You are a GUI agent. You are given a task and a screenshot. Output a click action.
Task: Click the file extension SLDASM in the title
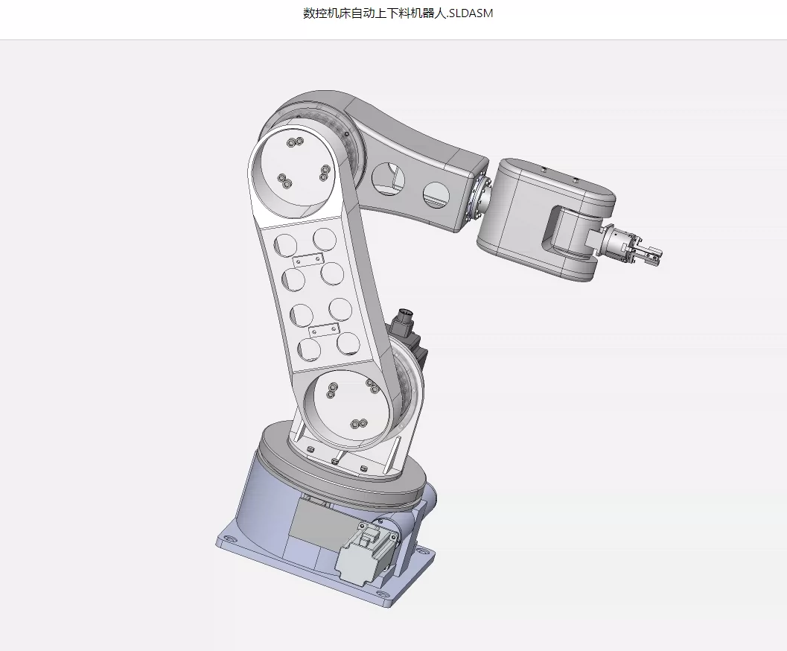[x=471, y=13]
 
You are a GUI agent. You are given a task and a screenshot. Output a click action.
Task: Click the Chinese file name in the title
[x=375, y=13]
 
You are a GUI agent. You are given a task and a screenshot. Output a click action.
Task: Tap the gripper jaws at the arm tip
[x=648, y=253]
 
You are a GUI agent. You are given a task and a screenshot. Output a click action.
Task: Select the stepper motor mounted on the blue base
[x=367, y=553]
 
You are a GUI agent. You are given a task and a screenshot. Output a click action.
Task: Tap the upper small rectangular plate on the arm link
[x=309, y=261]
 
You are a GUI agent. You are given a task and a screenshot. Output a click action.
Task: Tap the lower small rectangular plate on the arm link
[x=324, y=331]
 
